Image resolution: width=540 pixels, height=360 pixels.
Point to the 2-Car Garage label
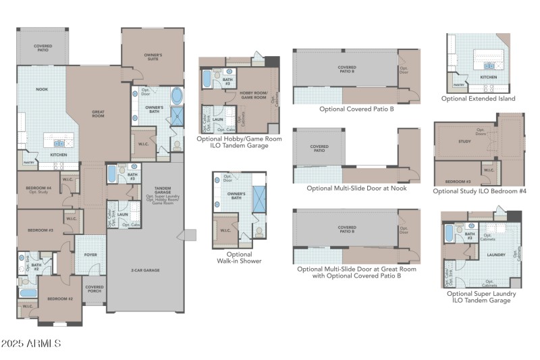(145, 270)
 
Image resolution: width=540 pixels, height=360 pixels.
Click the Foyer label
(90, 255)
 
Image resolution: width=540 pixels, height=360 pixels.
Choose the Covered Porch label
(94, 288)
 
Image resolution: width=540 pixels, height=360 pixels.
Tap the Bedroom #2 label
(60, 299)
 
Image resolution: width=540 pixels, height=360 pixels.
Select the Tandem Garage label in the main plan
(162, 190)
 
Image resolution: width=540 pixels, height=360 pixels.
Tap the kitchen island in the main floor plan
(59, 140)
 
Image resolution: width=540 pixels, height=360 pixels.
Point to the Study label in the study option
(464, 141)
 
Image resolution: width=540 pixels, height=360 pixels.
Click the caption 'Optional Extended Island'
(478, 99)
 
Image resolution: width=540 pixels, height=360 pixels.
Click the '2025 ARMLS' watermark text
(32, 344)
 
